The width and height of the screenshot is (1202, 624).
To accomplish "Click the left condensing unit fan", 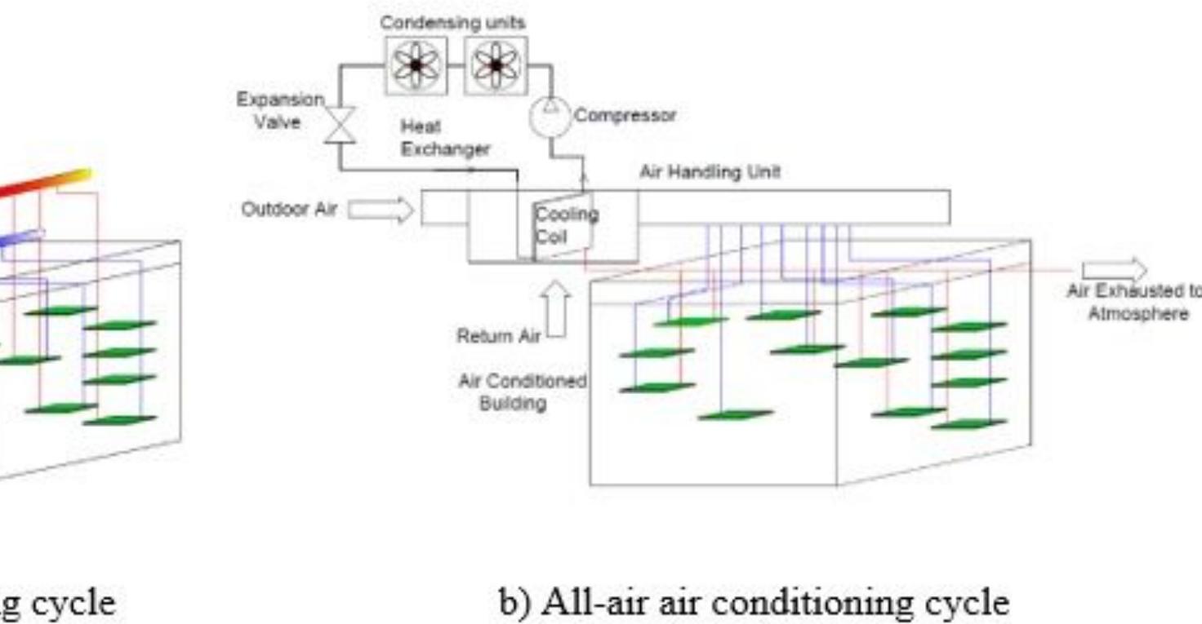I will (x=416, y=65).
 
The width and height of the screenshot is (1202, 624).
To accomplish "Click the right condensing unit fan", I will (x=496, y=65).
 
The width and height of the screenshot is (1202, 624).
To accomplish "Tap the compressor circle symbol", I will (x=550, y=117).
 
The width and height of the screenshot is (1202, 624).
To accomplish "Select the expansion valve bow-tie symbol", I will (x=340, y=126).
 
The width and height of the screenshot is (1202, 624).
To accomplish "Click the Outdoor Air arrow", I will (x=381, y=210).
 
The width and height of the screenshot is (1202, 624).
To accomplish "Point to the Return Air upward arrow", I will (x=557, y=308).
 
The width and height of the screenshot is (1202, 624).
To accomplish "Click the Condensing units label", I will (x=452, y=22).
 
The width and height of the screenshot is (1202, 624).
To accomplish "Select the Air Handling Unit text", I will (x=710, y=172).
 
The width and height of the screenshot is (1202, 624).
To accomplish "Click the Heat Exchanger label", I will (x=445, y=138).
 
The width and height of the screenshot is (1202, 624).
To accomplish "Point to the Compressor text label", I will (x=625, y=116).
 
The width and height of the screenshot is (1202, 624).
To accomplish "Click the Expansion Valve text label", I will (x=280, y=111).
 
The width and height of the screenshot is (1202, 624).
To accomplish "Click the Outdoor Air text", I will (x=289, y=210).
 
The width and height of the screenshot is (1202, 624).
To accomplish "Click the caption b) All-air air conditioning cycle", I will (x=754, y=604).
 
